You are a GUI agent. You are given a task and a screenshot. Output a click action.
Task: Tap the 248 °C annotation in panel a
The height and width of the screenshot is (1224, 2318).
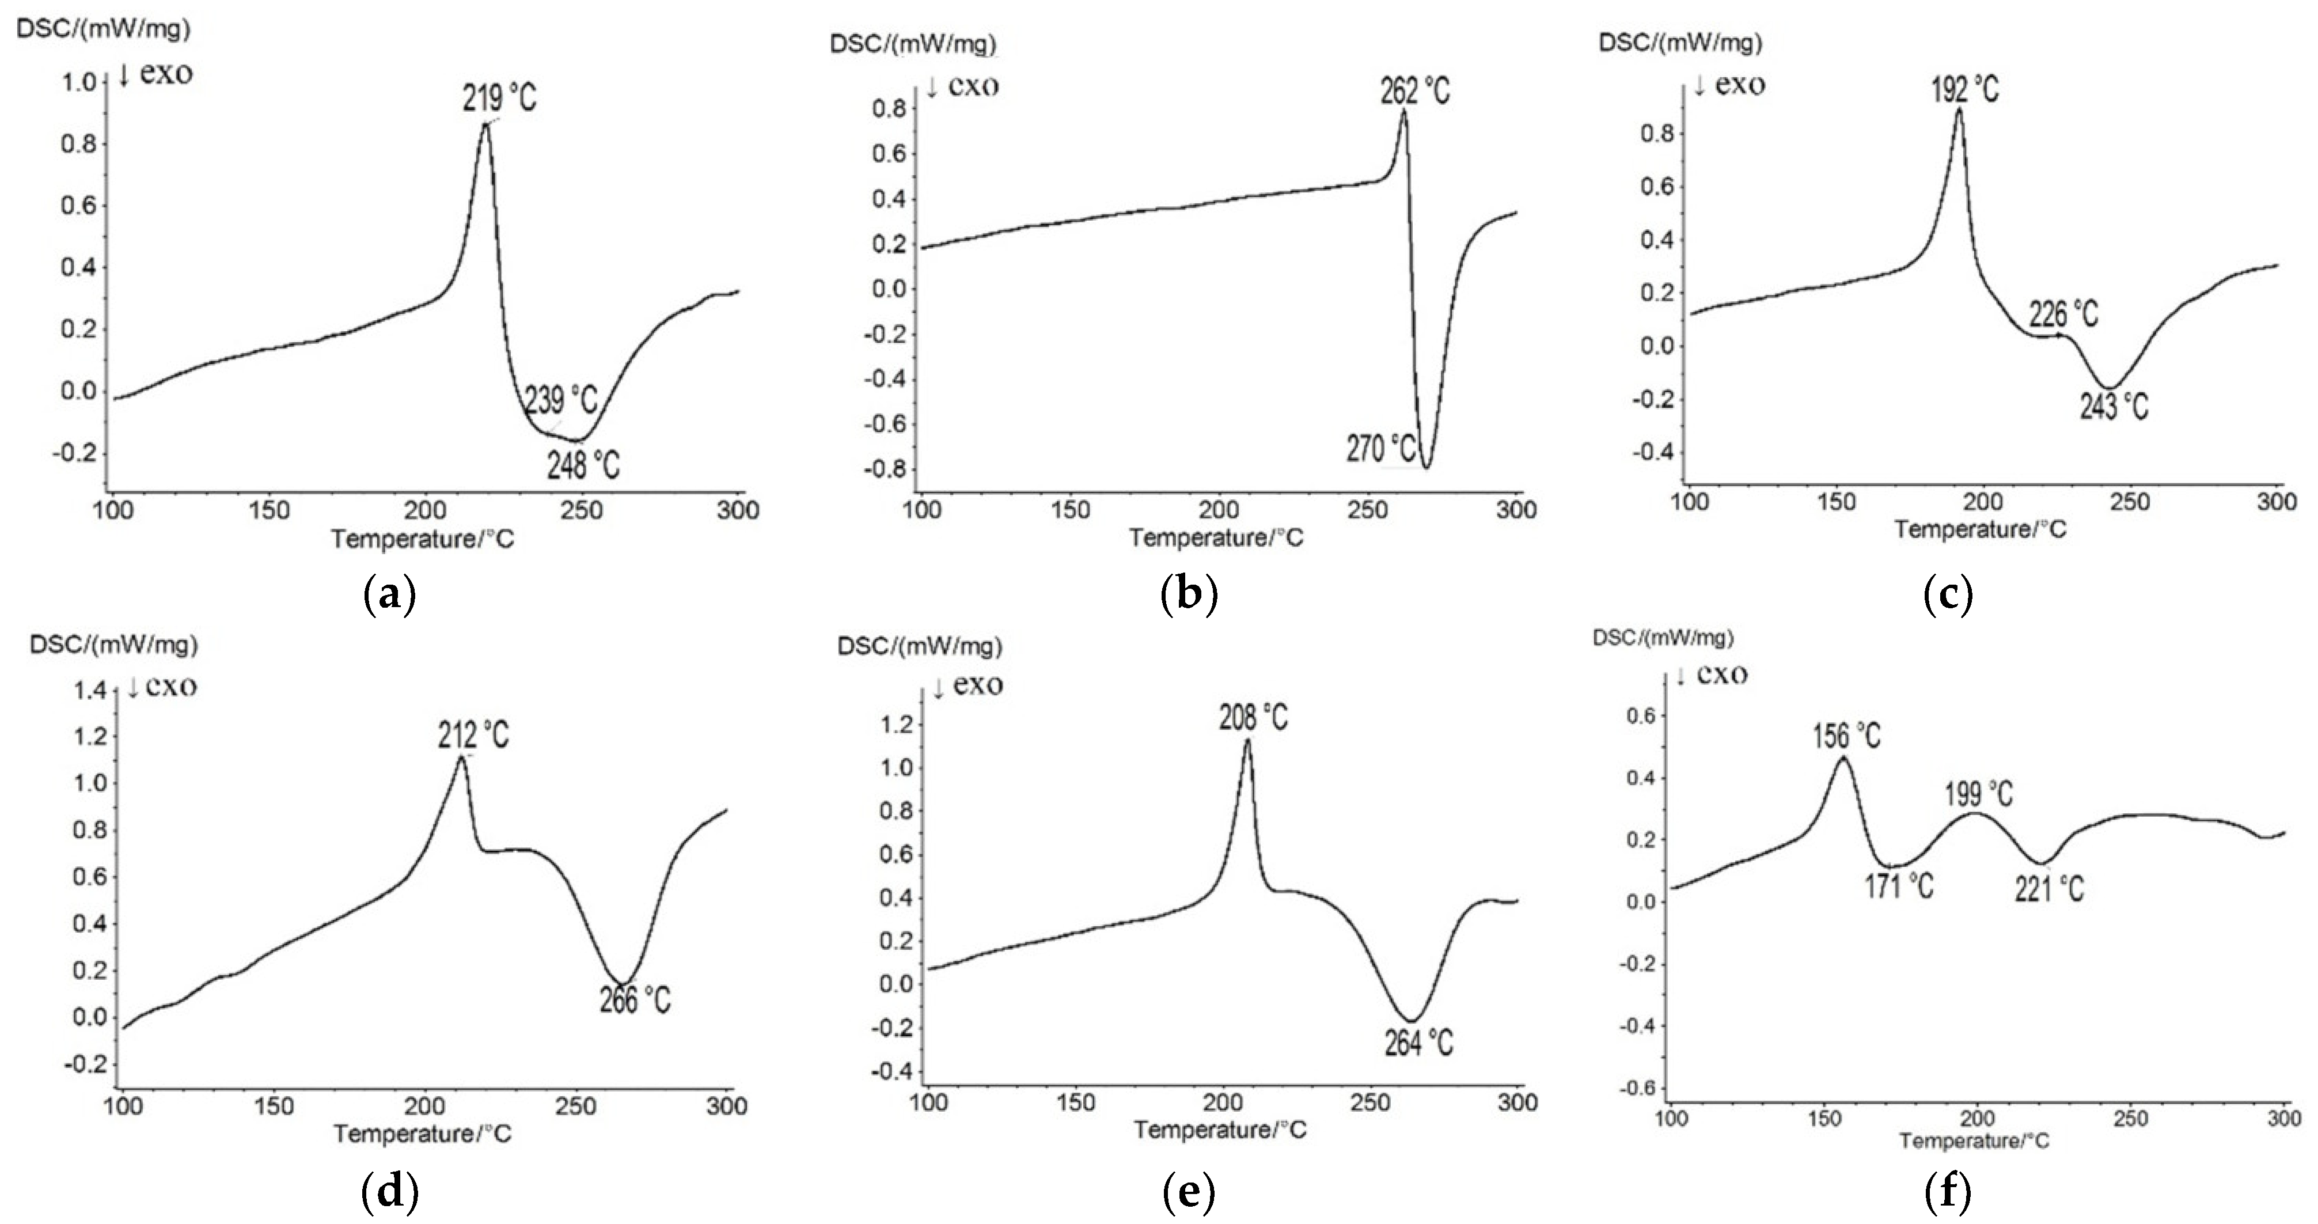click(x=583, y=465)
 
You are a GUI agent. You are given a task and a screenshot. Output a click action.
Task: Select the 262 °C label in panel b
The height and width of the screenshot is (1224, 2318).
click(x=1416, y=91)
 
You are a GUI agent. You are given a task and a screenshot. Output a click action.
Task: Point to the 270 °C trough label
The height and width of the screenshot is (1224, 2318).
click(x=1381, y=448)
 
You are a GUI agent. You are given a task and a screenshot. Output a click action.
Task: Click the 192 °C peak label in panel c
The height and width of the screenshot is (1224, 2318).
click(x=1964, y=89)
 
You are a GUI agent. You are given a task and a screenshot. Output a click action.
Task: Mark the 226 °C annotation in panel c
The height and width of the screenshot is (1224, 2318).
click(x=2063, y=314)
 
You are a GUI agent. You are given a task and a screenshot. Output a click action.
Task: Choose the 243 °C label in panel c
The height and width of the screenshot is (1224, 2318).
click(x=2113, y=407)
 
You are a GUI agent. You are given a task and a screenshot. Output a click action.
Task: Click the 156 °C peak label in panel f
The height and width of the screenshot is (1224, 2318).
click(x=1846, y=736)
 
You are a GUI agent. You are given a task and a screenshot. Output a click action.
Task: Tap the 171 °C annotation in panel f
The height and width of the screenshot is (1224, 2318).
click(x=1899, y=886)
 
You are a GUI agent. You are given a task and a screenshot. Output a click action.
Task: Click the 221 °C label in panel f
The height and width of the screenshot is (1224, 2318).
click(x=2049, y=890)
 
